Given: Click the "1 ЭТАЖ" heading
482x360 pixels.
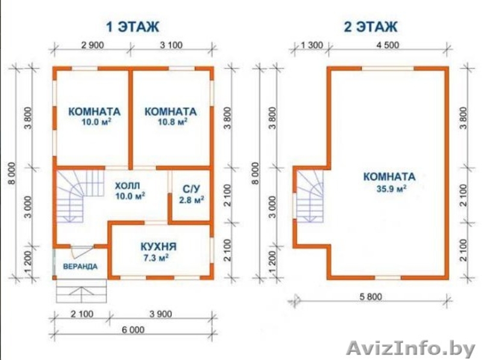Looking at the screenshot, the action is click(x=133, y=27).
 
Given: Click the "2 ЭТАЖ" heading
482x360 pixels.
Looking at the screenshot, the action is click(x=371, y=27).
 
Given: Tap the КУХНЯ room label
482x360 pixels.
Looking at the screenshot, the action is click(x=158, y=247).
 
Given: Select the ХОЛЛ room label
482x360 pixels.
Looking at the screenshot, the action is click(x=127, y=186).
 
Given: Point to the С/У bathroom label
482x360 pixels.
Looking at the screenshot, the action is click(x=192, y=189).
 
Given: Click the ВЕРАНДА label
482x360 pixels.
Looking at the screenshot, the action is click(x=80, y=267).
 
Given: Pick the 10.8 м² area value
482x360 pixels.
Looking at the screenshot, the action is click(x=172, y=122).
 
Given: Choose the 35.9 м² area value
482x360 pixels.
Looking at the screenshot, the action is click(x=391, y=188).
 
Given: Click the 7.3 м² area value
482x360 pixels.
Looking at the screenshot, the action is click(x=156, y=258).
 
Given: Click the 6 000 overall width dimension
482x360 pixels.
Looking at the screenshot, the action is click(x=133, y=330).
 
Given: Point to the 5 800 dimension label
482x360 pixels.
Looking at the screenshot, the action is click(x=371, y=297).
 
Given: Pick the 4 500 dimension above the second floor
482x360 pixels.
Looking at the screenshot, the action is click(x=387, y=45).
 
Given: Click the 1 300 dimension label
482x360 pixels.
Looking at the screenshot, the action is click(x=311, y=45).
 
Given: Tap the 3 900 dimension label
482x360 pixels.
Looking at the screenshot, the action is click(x=161, y=314).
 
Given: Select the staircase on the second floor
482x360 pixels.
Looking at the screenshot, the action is click(x=310, y=196).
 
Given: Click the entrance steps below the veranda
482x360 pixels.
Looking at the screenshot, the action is click(x=81, y=291).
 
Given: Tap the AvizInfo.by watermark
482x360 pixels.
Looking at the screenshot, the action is click(x=412, y=349).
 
